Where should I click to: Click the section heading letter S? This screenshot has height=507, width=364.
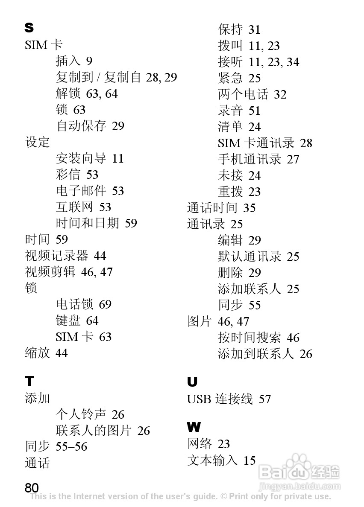point(29,28)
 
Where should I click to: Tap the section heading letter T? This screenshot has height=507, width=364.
point(29,381)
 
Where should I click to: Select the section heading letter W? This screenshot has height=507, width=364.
point(194,427)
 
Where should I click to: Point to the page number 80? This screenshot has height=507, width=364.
point(32,488)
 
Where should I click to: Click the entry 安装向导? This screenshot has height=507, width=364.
point(81,158)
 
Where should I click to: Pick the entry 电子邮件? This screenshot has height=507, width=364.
point(81,191)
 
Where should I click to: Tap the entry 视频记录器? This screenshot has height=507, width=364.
point(56,256)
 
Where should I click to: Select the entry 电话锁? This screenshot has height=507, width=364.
point(74,304)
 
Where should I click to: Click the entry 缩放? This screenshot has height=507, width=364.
point(38,353)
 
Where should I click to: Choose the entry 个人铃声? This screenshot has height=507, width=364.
point(81,414)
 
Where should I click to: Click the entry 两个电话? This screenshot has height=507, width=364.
point(243,94)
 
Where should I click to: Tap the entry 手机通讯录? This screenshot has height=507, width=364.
point(250,159)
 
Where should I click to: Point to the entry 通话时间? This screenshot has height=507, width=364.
point(212,208)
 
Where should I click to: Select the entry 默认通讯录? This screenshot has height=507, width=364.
point(250,256)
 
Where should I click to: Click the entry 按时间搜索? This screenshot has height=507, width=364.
point(250,338)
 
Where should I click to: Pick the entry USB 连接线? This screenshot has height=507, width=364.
point(220,399)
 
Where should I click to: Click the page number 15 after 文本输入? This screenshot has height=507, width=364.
point(250,460)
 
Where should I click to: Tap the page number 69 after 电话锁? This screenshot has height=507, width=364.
point(105,304)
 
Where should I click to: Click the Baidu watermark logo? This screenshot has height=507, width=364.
point(299,472)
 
